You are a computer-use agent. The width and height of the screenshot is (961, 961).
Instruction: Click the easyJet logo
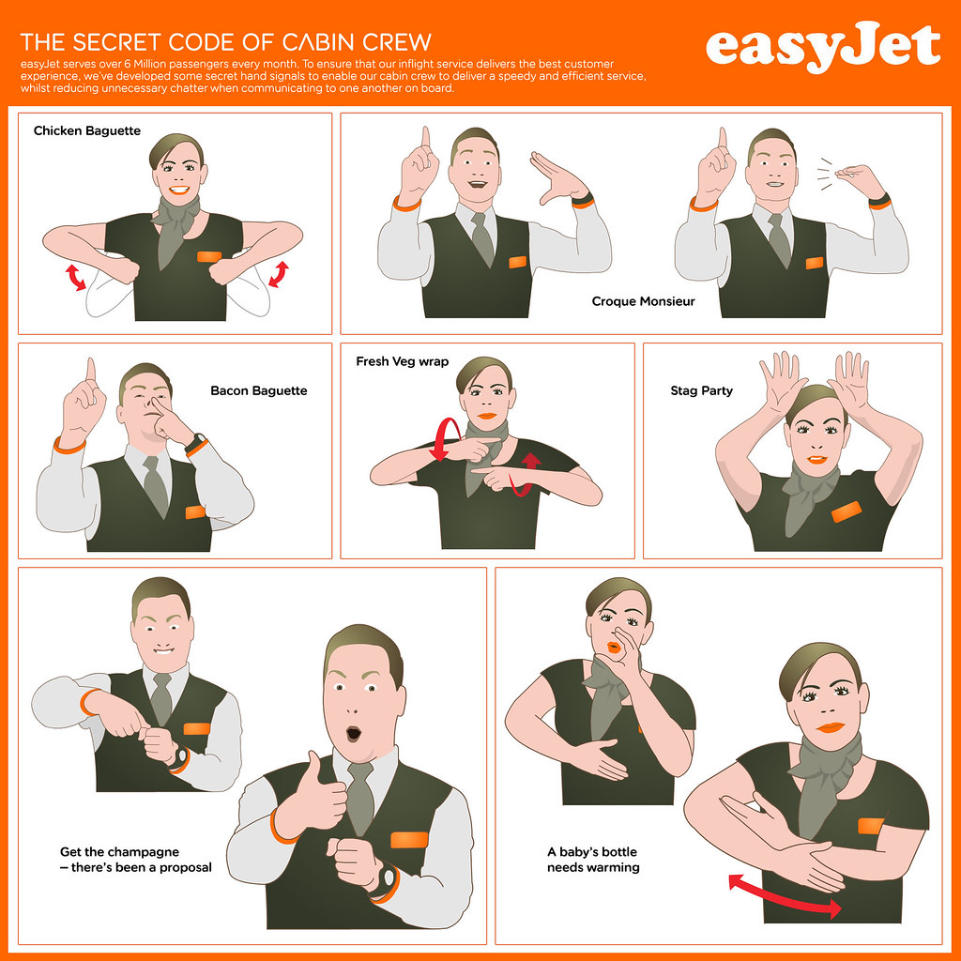(x=822, y=47)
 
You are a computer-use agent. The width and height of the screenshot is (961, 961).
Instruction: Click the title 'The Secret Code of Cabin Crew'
(x=225, y=42)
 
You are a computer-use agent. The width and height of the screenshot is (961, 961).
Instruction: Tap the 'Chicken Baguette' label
(x=87, y=130)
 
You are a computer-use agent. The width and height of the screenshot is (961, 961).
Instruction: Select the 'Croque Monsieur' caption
(x=643, y=301)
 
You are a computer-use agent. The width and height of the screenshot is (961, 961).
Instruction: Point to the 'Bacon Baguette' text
(x=259, y=390)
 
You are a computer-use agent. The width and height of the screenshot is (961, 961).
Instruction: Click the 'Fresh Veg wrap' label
(x=402, y=361)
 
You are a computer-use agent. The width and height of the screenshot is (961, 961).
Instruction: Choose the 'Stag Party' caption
(x=701, y=390)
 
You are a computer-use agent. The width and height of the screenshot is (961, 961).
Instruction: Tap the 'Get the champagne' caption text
(x=119, y=852)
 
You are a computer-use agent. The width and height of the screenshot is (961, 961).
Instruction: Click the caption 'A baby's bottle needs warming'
(x=593, y=860)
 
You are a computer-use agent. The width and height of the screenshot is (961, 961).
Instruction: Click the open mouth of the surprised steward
(x=353, y=733)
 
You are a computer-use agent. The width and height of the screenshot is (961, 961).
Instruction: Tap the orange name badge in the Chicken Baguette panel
(x=210, y=256)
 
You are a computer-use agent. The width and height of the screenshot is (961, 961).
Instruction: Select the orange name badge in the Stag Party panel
(x=847, y=511)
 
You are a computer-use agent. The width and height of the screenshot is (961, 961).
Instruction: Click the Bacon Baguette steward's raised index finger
(x=91, y=372)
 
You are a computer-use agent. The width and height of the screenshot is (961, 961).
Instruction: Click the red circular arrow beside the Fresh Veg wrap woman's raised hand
(x=447, y=439)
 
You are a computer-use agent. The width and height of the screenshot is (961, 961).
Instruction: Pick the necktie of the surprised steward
(x=360, y=798)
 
